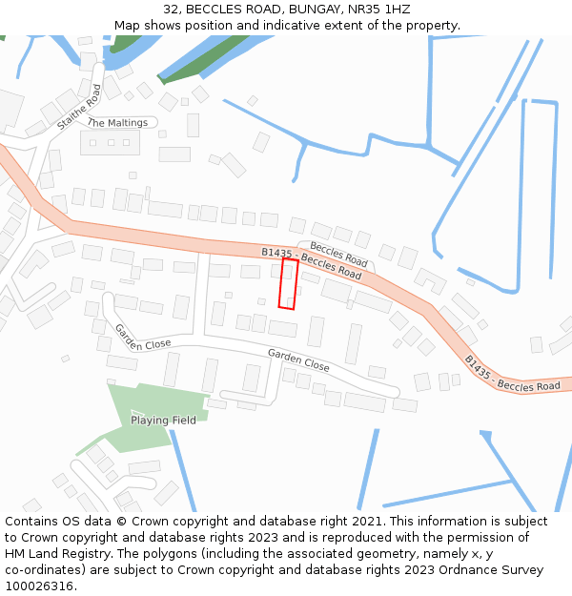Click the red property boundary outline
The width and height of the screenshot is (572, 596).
pos(288,284)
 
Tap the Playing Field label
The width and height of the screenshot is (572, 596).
pos(163,421)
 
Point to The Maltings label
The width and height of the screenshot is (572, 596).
pos(117,123)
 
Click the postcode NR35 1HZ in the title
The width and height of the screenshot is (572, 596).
pos(378,10)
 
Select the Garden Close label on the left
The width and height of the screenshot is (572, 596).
pos(143,337)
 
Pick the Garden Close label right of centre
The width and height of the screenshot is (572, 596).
pos(298,360)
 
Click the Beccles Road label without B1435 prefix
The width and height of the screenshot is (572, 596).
pos(338,254)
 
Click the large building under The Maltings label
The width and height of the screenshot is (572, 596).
pos(110,143)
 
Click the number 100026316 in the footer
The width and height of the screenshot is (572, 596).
pos(39,586)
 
